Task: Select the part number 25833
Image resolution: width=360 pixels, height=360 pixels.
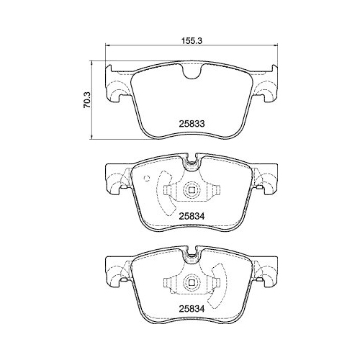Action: pyautogui.click(x=192, y=123)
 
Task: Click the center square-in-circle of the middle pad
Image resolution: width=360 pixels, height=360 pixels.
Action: pyautogui.click(x=192, y=192)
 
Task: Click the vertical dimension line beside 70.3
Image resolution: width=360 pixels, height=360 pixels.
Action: pyautogui.click(x=95, y=100)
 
